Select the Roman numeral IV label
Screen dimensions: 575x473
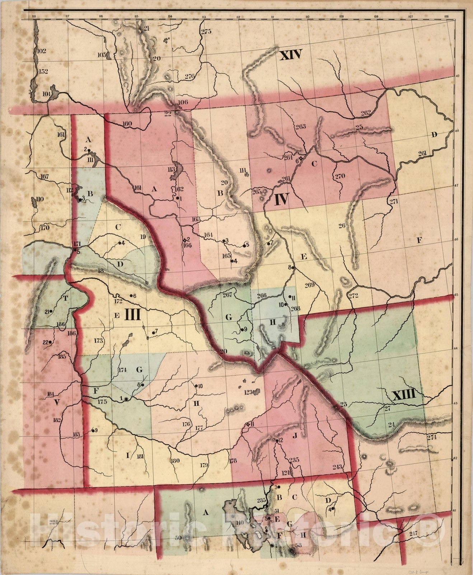pos(282,199)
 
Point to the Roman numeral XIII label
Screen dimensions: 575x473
pos(404,395)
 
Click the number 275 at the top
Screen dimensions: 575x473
pos(206,32)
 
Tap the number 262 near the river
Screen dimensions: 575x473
pos(365,112)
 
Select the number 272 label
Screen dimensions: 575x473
pos(353,295)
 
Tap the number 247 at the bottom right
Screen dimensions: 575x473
pos(413,534)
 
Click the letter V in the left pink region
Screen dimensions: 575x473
pos(56,402)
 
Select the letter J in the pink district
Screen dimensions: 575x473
pos(295,436)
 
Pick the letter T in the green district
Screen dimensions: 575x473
pos(65,298)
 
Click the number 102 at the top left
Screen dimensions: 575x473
pos(41,51)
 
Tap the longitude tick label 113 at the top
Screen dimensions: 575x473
pos(203,17)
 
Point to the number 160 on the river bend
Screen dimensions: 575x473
pos(127,124)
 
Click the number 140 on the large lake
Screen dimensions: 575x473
pos(239,523)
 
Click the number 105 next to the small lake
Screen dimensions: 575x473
pos(102,55)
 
